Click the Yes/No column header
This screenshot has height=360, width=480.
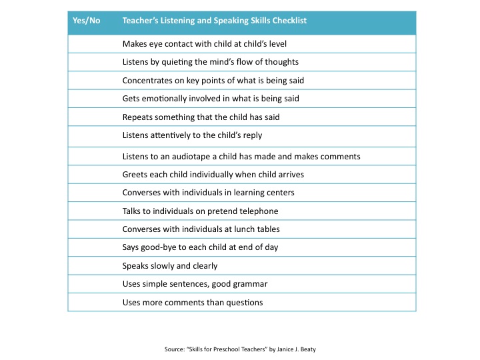(x=86, y=21)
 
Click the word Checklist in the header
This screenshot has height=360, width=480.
(x=285, y=21)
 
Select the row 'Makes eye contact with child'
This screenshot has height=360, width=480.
(x=204, y=44)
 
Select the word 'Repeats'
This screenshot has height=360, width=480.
(x=138, y=117)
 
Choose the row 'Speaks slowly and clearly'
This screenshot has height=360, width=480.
(x=170, y=265)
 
